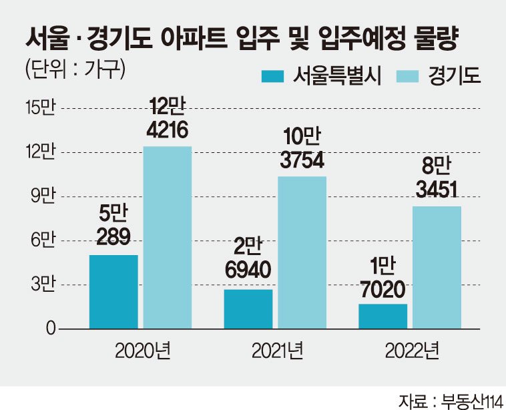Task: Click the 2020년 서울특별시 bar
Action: [x=113, y=292]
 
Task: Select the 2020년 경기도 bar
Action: [x=168, y=238]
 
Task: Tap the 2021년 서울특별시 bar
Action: [x=248, y=309]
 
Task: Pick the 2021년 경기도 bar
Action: [x=302, y=253]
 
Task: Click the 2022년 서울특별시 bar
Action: [x=383, y=317]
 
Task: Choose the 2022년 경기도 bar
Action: [x=437, y=268]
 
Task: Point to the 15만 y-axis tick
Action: [x=41, y=108]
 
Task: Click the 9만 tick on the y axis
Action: [x=43, y=196]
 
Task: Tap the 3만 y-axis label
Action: [x=43, y=284]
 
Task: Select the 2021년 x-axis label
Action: [x=278, y=351]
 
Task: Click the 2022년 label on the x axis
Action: [x=412, y=351]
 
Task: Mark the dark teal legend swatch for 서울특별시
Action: [x=272, y=77]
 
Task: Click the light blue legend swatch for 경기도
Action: [x=407, y=77]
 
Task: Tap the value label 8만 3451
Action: [x=437, y=178]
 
